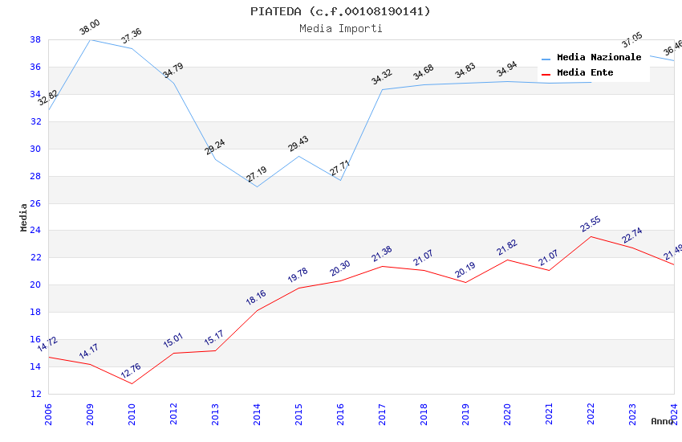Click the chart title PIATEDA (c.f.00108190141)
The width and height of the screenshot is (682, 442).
click(x=340, y=11)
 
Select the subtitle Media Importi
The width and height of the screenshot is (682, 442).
click(x=340, y=28)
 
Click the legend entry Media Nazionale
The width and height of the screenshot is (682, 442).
click(x=599, y=58)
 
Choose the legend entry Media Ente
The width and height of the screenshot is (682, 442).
click(x=585, y=73)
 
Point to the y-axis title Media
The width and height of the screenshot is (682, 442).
click(x=24, y=217)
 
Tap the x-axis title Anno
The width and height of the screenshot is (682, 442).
click(x=662, y=421)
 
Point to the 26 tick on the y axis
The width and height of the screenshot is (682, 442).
click(x=36, y=203)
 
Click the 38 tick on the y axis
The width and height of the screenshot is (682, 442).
click(x=36, y=39)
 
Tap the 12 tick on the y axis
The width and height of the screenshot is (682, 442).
click(x=36, y=394)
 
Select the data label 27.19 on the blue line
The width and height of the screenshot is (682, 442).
click(x=258, y=175)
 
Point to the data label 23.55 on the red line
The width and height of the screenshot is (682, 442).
click(x=591, y=224)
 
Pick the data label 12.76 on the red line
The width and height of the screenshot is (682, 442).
click(x=131, y=370)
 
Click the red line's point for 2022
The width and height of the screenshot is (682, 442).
click(x=591, y=236)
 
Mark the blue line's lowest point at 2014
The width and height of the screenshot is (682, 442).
click(x=257, y=186)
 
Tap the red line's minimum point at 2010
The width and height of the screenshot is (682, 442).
click(x=132, y=383)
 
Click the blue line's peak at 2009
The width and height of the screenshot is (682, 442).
click(x=90, y=39)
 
